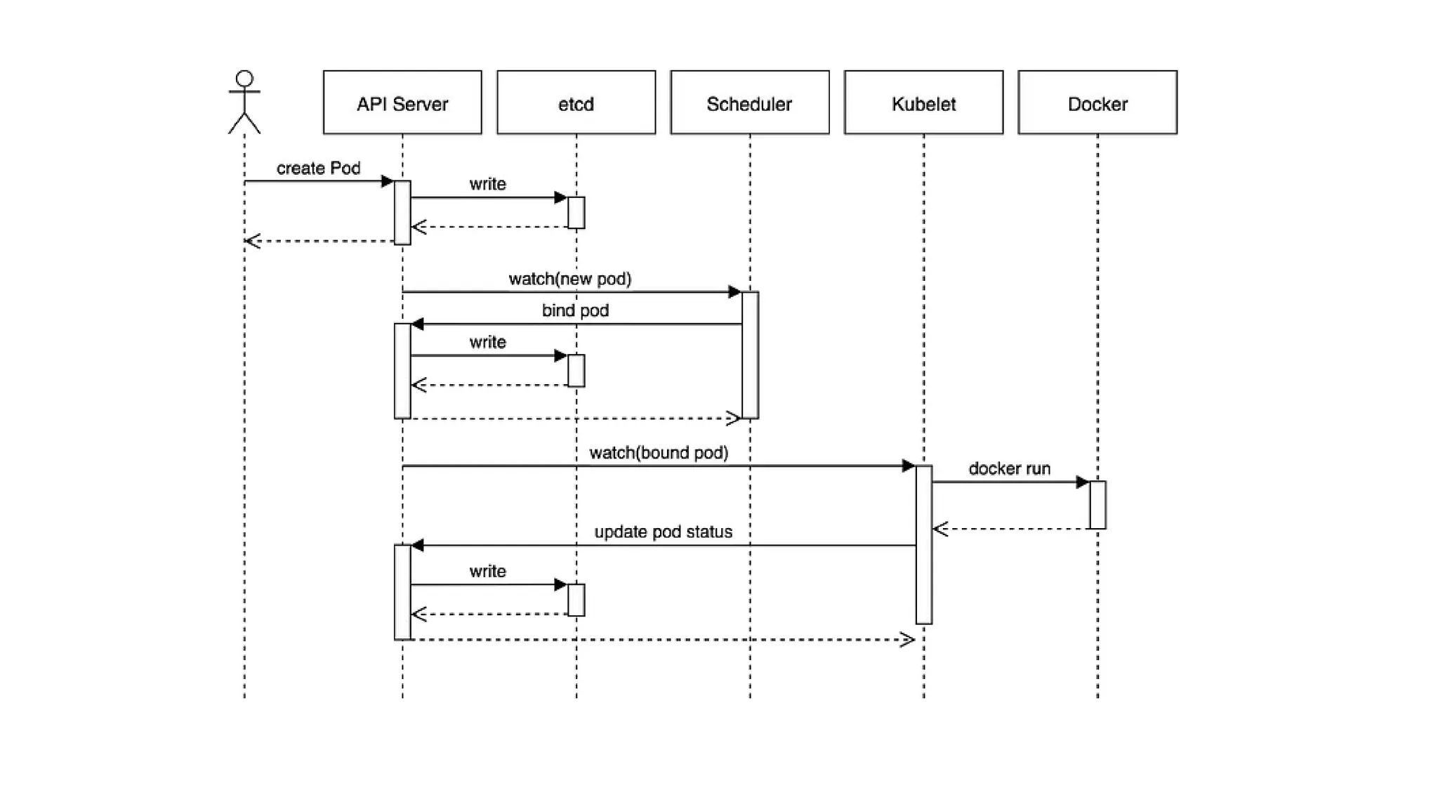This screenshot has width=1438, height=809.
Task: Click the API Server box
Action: (402, 103)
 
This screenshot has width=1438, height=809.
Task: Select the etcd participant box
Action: (576, 103)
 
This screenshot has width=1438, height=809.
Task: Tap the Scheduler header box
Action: (749, 103)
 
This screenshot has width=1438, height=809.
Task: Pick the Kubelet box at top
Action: (923, 103)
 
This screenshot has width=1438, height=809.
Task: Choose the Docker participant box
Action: (1097, 103)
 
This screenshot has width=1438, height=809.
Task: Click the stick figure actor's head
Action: (244, 79)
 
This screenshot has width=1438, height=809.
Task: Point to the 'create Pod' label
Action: (318, 169)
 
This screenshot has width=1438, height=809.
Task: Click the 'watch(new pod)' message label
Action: (569, 279)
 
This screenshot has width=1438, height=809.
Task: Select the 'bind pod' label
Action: (575, 310)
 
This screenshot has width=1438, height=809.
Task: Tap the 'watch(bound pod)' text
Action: (659, 453)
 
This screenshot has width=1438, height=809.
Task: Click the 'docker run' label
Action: (1009, 468)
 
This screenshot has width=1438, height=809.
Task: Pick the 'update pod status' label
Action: (663, 532)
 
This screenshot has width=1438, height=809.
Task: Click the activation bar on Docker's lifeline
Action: (1097, 505)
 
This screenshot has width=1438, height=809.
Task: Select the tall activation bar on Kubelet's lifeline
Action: (924, 544)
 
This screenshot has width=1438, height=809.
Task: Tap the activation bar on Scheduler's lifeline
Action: (750, 355)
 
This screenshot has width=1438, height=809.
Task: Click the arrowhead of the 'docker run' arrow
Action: (1083, 482)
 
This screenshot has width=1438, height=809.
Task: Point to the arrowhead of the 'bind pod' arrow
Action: (417, 324)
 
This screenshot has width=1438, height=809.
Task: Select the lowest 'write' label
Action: (487, 571)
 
